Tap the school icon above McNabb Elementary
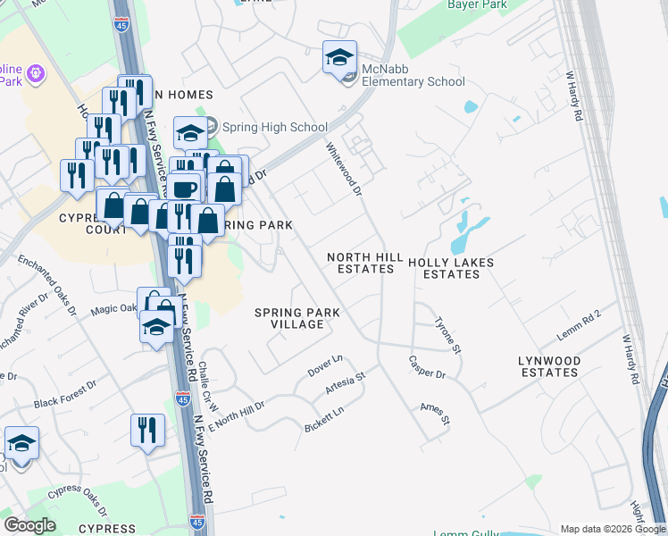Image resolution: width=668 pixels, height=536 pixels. pyautogui.click(x=339, y=59)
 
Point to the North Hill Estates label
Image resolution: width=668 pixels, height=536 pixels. pyautogui.click(x=364, y=263)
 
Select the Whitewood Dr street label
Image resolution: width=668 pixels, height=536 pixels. pyautogui.click(x=344, y=169)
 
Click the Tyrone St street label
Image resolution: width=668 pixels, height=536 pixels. pyautogui.click(x=447, y=334)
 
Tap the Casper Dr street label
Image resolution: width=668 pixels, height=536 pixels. pyautogui.click(x=427, y=366)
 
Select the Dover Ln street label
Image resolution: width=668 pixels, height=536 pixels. pyautogui.click(x=325, y=364)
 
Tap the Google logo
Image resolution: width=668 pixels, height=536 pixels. pyautogui.click(x=30, y=525)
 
